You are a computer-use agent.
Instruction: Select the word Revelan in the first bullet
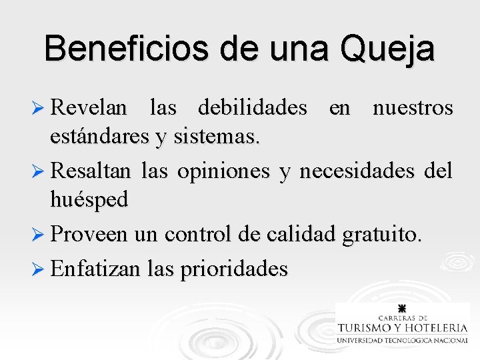[x=89, y=107]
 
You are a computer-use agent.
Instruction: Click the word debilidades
[x=253, y=107]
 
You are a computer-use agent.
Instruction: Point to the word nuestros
[x=413, y=107]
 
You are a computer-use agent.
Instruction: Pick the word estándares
[x=99, y=137]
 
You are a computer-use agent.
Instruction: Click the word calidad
[x=303, y=235]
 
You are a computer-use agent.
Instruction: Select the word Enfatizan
[x=95, y=269]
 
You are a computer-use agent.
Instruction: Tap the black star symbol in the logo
[x=402, y=309]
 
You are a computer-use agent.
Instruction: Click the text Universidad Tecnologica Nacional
[x=402, y=340]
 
